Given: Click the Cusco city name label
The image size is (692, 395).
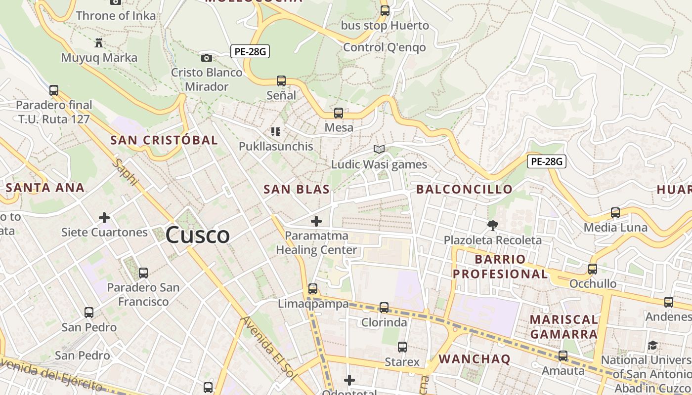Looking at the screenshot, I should pyautogui.click(x=197, y=235).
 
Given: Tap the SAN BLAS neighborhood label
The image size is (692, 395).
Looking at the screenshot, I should pyautogui.click(x=297, y=189).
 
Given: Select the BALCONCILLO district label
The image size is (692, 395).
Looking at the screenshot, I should pyautogui.click(x=464, y=189).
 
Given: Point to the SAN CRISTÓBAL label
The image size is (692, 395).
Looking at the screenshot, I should pyautogui.click(x=164, y=140).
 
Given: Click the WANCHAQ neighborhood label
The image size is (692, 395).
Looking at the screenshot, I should pyautogui.click(x=474, y=359).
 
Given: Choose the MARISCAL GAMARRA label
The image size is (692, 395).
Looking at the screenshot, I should pyautogui.click(x=563, y=327).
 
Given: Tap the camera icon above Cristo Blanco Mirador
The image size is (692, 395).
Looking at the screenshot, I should pyautogui.click(x=207, y=58).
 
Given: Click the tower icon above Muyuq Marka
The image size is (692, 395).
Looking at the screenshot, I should pyautogui.click(x=99, y=42).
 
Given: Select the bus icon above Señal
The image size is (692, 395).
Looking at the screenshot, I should pyautogui.click(x=281, y=80).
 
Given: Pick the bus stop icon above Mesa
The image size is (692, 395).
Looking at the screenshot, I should pyautogui.click(x=339, y=113).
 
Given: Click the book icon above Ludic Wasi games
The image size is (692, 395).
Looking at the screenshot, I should pyautogui.click(x=379, y=149).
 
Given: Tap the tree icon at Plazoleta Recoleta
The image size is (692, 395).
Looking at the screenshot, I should pyautogui.click(x=492, y=226).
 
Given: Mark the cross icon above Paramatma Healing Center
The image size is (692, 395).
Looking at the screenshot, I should pyautogui.click(x=316, y=221).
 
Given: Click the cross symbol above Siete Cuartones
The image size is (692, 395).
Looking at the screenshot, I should pyautogui.click(x=104, y=217).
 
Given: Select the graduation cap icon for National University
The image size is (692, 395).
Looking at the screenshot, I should pyautogui.click(x=653, y=345).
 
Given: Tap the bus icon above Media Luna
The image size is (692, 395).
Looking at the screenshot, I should pyautogui.click(x=615, y=213).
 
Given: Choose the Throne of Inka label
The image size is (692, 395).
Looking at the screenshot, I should pyautogui.click(x=116, y=16).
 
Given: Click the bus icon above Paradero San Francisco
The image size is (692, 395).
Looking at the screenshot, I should pyautogui.click(x=143, y=273).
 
